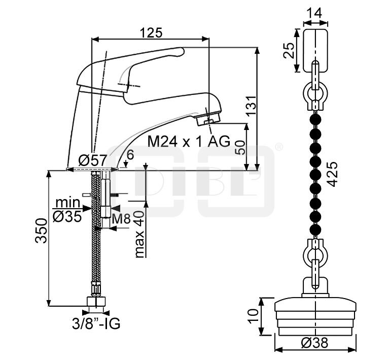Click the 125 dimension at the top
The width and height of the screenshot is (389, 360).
click(x=151, y=32)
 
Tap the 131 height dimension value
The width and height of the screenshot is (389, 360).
click(x=251, y=105)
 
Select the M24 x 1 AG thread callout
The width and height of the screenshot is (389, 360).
click(x=189, y=142)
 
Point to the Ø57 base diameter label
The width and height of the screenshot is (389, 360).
click(x=92, y=160)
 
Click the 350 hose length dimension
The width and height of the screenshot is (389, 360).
click(x=41, y=231)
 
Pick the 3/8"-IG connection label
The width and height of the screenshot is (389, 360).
click(x=96, y=324)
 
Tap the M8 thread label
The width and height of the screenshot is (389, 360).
click(x=121, y=219)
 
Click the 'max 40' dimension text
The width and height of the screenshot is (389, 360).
click(x=139, y=234)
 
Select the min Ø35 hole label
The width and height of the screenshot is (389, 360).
click(x=67, y=210)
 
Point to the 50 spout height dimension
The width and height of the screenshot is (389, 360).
click(x=240, y=147)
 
